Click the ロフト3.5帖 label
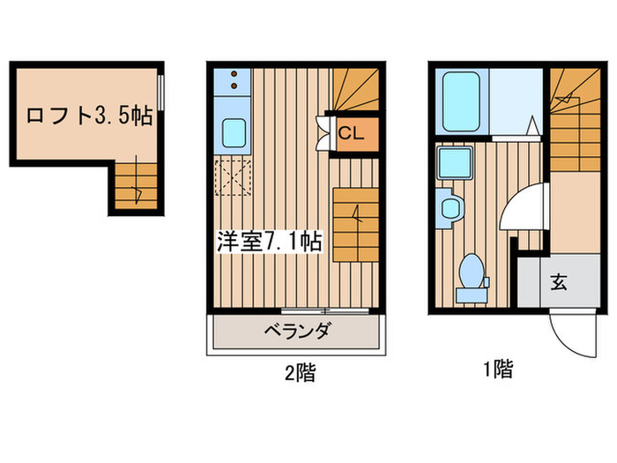pyautogui.click(x=88, y=116)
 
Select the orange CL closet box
pyautogui.click(x=350, y=133)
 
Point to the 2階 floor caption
pyautogui.click(x=299, y=373)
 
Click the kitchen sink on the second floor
pyautogui.click(x=235, y=133)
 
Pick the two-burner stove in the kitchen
pyautogui.click(x=234, y=82)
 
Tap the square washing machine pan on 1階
pyautogui.click(x=455, y=164)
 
